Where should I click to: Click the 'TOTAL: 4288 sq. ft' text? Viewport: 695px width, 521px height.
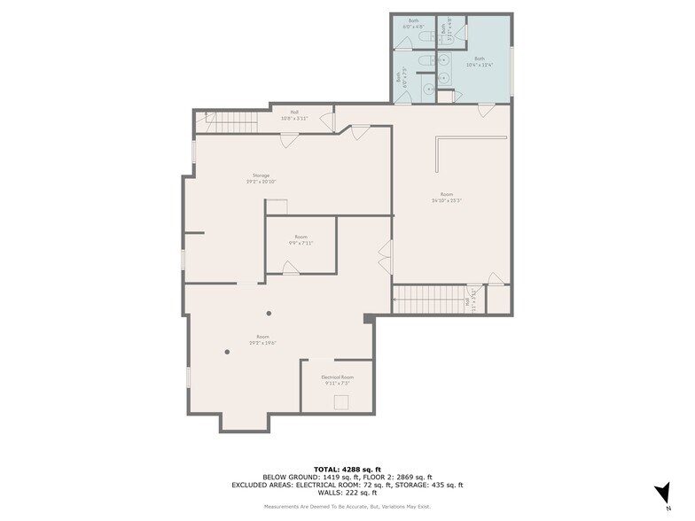[x=347, y=469]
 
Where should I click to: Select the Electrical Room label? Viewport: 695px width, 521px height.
[x=337, y=377]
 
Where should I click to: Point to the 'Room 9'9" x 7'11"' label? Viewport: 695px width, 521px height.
[x=301, y=239]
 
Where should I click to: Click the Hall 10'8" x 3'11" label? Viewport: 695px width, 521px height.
[x=293, y=115]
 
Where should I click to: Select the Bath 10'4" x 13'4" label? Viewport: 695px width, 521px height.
[x=479, y=62]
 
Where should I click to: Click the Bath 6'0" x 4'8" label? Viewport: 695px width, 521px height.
[x=414, y=23]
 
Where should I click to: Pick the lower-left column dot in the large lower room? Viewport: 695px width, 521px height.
[x=227, y=352]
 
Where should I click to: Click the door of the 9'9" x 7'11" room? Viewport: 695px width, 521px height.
[x=290, y=268]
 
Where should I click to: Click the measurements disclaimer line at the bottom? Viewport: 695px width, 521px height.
[x=347, y=506]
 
